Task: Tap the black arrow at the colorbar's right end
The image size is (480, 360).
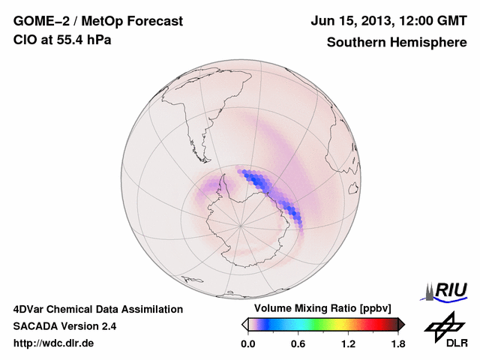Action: pyautogui.click(x=401, y=324)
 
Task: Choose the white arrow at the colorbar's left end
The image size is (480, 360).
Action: pyautogui.click(x=244, y=324)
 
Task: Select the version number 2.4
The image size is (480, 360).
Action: pyautogui.click(x=107, y=326)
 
